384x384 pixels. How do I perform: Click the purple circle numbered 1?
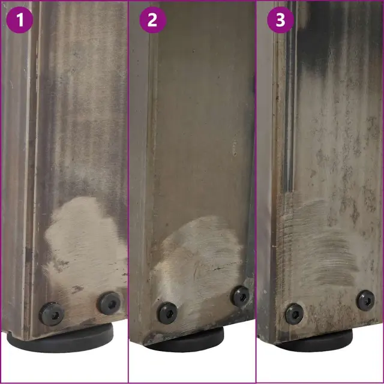coord(20,20)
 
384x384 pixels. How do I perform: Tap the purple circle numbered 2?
coord(153,20)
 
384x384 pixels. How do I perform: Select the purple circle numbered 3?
coord(281,20)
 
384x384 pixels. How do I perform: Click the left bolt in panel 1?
coord(52,314)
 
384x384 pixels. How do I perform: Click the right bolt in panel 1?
coord(109,303)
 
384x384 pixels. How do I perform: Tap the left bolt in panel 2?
coord(167,313)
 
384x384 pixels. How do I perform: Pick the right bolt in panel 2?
coord(241,296)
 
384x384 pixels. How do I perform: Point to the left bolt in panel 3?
coord(294,314)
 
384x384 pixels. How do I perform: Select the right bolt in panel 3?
coord(365,301)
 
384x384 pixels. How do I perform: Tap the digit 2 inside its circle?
coord(152,20)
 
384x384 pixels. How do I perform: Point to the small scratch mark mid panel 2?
coord(234,148)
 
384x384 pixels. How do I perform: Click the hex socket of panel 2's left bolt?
coord(168,313)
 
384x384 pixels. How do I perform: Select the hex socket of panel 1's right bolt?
coord(112,304)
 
